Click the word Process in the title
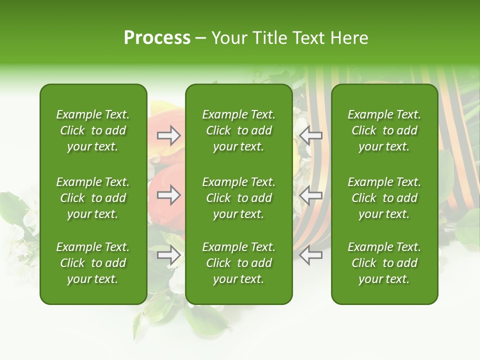(157, 38)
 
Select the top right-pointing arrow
(168, 135)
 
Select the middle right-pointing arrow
(168, 195)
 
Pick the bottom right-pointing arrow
(168, 255)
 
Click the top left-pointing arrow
(310, 135)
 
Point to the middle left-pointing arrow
(310, 195)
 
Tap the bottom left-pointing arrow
(310, 255)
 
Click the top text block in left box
(93, 130)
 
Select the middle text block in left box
(93, 198)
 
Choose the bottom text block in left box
(93, 263)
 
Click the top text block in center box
(238, 130)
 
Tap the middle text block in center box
(238, 198)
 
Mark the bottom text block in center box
(238, 263)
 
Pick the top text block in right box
(384, 130)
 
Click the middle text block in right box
(384, 198)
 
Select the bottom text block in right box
(384, 263)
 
